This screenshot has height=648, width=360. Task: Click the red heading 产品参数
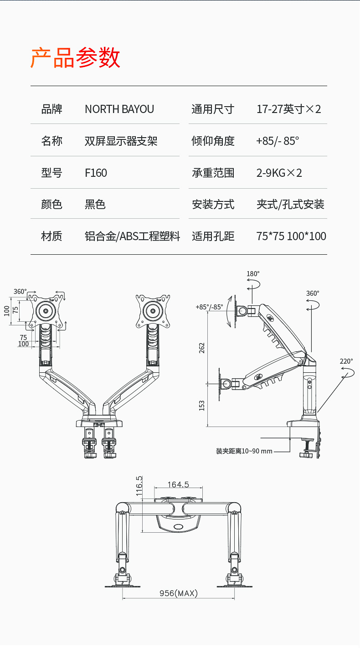point(75,58)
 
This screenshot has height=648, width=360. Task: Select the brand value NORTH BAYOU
point(119,109)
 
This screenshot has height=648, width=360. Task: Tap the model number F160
point(96,173)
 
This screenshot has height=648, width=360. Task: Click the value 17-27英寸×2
point(289,109)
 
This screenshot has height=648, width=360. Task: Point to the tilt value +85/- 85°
point(278,141)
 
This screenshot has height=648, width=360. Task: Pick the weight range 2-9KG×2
point(279,173)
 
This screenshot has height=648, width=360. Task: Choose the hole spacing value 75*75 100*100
point(291,236)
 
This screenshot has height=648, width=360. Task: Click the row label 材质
point(51,236)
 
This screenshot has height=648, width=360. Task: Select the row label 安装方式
point(213,205)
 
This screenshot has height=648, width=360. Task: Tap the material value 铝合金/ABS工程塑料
point(132,236)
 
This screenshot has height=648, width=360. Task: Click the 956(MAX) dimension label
point(178,593)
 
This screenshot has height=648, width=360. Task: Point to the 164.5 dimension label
point(178,484)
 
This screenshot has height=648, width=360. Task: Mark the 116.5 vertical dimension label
point(139,485)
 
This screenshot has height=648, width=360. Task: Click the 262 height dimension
point(202,347)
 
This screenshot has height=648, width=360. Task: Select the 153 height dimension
point(202,405)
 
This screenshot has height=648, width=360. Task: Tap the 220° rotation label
point(346,361)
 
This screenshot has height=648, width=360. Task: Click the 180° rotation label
point(253,274)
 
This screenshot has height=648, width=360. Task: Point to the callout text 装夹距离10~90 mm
point(244,451)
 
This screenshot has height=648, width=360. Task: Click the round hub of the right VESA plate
point(154,311)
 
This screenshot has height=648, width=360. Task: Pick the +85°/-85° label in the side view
point(209,307)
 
